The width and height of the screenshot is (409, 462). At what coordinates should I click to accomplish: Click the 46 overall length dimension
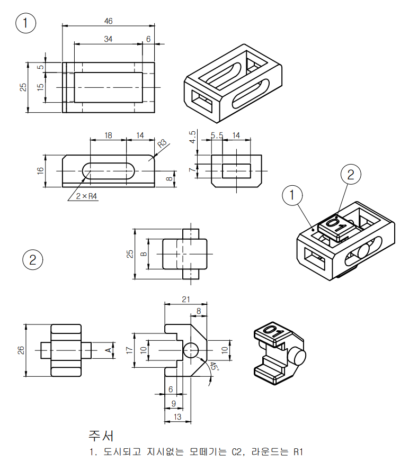(x=108, y=21)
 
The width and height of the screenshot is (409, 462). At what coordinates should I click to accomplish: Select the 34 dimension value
(x=108, y=39)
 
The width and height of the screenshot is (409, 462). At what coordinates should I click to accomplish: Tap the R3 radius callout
(x=162, y=143)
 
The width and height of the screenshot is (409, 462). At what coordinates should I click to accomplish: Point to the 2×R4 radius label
(x=86, y=196)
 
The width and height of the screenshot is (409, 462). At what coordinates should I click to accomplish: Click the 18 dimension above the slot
(x=108, y=135)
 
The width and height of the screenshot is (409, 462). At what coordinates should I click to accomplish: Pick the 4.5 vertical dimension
(x=193, y=137)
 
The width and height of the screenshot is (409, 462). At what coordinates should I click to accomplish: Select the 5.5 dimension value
(x=216, y=135)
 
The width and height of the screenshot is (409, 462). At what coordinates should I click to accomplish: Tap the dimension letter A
(x=108, y=350)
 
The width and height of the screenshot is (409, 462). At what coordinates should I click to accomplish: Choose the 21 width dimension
(x=186, y=300)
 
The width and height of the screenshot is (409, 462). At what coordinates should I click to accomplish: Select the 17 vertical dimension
(x=129, y=350)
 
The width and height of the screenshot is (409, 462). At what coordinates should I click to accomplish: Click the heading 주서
(x=101, y=436)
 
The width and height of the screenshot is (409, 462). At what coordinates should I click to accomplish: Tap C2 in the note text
(x=236, y=452)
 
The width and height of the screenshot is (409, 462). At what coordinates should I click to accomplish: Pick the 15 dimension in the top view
(x=40, y=87)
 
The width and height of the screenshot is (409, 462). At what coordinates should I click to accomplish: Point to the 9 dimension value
(x=173, y=403)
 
